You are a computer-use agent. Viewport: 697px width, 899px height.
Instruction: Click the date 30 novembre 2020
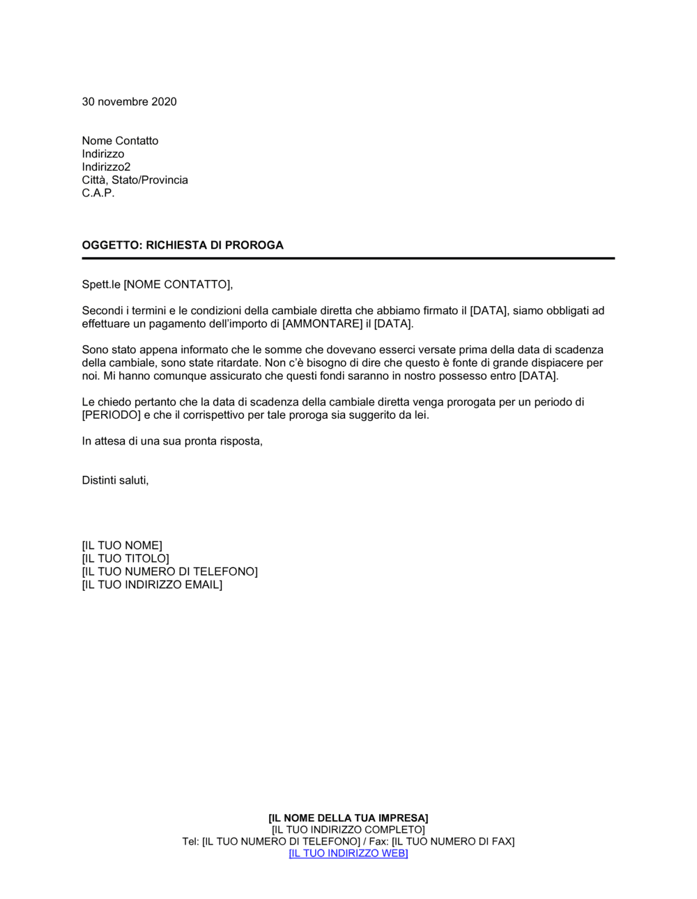pos(129,102)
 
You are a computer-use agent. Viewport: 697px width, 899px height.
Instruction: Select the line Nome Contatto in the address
pos(120,141)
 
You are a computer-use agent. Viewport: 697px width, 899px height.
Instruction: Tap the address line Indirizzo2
pos(106,167)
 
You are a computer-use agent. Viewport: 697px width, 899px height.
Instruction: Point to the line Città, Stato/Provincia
pos(135,180)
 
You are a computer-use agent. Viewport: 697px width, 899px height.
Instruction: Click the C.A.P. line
pos(98,193)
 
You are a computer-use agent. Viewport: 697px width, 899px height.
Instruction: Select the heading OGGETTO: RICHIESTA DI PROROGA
pos(183,245)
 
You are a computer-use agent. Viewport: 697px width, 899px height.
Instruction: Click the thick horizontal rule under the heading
pos(348,259)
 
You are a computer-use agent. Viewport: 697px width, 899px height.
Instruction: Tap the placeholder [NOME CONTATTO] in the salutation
pos(176,284)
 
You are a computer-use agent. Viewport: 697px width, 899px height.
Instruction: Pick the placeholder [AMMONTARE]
pos(322,324)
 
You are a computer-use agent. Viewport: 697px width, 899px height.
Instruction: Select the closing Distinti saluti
pos(115,480)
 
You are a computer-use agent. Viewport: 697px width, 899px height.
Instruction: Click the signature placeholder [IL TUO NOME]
pos(122,546)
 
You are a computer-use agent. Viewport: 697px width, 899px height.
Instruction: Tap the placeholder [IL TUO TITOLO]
pos(125,559)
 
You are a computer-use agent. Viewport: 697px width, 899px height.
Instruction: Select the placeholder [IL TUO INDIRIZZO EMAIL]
pos(152,585)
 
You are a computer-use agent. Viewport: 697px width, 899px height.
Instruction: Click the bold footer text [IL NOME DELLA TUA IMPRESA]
pos(348,818)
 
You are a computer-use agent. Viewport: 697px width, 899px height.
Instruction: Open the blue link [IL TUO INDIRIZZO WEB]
pos(348,854)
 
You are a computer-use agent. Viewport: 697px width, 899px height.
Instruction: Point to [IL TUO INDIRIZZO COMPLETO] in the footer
pos(348,830)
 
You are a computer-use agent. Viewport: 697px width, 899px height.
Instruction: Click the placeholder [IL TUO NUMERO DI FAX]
pos(453,842)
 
